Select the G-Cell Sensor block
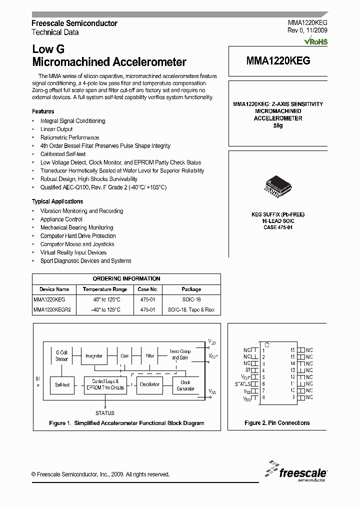(x=62, y=355)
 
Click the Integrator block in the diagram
(x=93, y=356)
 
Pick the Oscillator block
(x=149, y=384)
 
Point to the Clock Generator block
(x=185, y=385)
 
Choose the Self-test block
(x=62, y=384)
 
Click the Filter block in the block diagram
(x=149, y=356)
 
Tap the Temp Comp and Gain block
(x=180, y=354)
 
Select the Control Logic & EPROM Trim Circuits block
(x=105, y=384)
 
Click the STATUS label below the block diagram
(x=104, y=413)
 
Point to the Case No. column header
(x=147, y=289)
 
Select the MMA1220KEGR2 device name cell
(x=52, y=309)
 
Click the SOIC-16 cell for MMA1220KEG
(x=191, y=299)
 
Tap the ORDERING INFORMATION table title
(x=126, y=278)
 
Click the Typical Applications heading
(x=57, y=201)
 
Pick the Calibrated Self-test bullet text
(x=63, y=154)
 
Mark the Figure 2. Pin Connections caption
(x=277, y=423)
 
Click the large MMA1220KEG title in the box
(x=278, y=61)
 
